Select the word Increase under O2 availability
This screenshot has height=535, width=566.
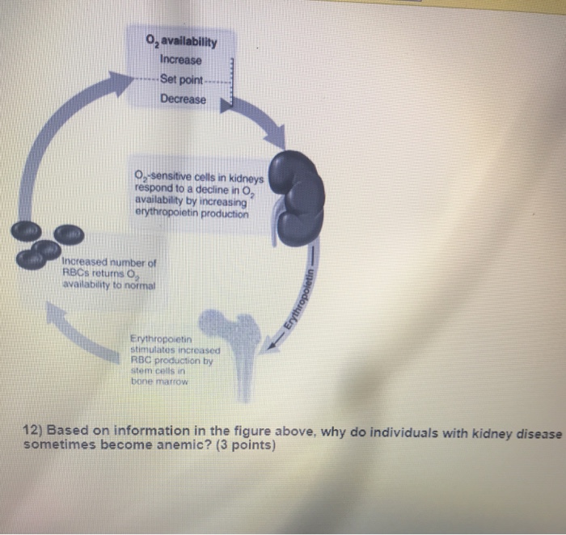click(x=181, y=60)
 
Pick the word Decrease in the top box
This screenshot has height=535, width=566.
click(x=183, y=99)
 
